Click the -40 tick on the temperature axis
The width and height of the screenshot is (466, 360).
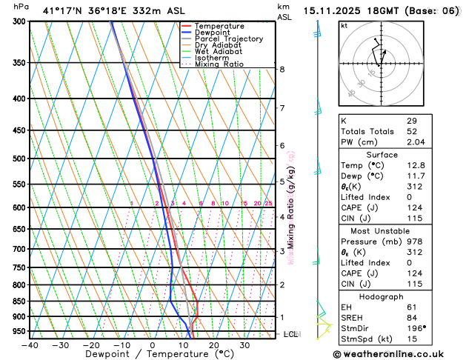[x=30, y=345]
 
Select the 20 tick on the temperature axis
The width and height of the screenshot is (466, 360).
[x=213, y=345]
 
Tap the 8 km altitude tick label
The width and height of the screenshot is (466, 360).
[x=282, y=70]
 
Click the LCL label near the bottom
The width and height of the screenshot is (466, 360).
[x=290, y=334]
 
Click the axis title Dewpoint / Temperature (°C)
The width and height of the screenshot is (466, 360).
[x=153, y=355]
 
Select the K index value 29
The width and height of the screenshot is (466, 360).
[x=412, y=121]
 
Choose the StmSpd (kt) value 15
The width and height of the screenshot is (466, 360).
[x=412, y=339]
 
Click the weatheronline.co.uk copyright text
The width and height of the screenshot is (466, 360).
[x=399, y=354]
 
